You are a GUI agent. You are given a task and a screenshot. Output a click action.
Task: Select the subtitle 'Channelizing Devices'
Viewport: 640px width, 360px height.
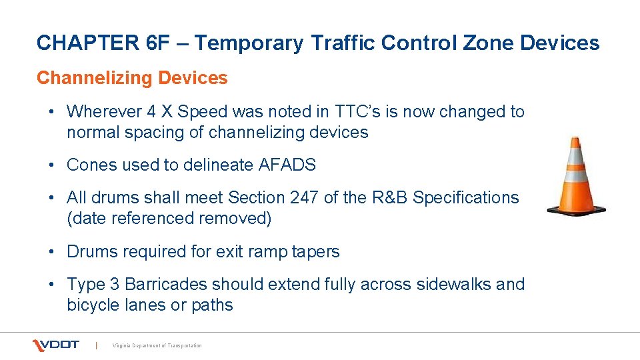coord(132,78)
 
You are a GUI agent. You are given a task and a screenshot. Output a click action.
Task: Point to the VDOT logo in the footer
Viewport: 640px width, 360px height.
coord(56,345)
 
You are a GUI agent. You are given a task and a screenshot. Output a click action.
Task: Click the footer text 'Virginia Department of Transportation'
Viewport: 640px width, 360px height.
coord(157,345)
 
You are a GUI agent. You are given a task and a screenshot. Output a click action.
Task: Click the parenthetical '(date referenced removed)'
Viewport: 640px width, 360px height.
coord(169,219)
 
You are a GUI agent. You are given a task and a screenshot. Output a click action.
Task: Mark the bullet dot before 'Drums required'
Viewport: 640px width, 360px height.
coord(53,252)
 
